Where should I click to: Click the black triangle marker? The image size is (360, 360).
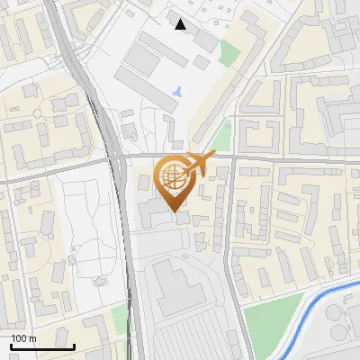[181, 24]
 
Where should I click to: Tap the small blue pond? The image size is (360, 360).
[177, 91]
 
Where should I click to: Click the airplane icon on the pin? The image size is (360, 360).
[201, 164]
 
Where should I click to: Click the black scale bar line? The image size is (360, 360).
[41, 346]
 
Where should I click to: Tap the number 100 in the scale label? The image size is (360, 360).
[20, 338]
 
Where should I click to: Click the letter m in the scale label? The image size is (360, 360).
[32, 338]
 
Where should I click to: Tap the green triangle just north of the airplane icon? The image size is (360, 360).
[219, 136]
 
